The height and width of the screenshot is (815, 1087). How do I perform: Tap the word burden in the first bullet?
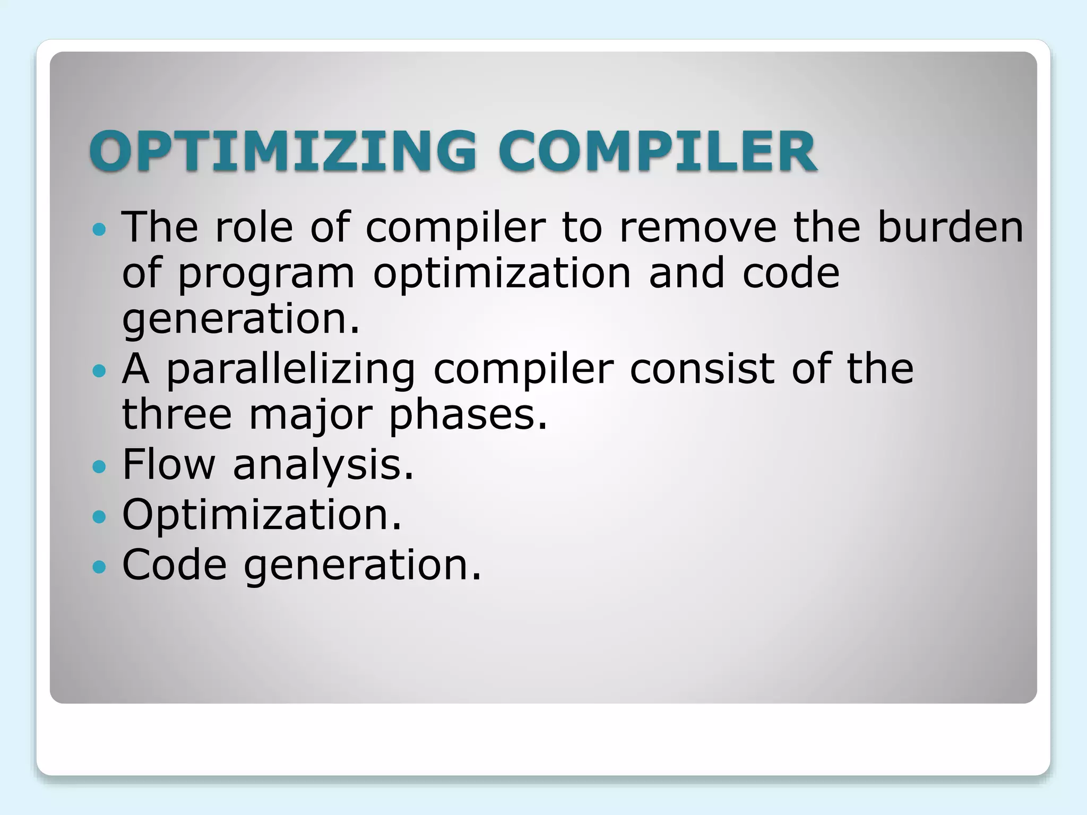[x=950, y=227]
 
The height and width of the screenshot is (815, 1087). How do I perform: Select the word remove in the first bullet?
[x=697, y=227]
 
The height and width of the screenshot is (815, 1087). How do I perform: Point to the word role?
[x=254, y=227]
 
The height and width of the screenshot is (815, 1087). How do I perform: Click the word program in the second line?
[x=265, y=275]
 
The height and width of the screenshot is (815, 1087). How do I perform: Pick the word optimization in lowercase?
[x=502, y=275]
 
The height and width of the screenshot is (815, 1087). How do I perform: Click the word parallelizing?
[x=291, y=370]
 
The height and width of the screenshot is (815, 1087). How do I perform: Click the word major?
[x=310, y=416]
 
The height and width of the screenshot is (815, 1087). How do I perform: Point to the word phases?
[x=467, y=416]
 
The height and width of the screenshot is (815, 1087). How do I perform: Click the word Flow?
[x=168, y=465]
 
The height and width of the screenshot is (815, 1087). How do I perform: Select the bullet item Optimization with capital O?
[x=261, y=515]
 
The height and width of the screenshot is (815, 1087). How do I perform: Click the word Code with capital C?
[x=175, y=565]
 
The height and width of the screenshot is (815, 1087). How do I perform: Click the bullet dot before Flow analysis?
[x=99, y=467]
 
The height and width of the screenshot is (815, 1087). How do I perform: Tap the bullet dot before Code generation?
[x=99, y=567]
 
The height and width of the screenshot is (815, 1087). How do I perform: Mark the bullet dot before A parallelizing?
[x=99, y=370]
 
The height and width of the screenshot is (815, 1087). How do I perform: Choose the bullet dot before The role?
[x=99, y=229]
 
